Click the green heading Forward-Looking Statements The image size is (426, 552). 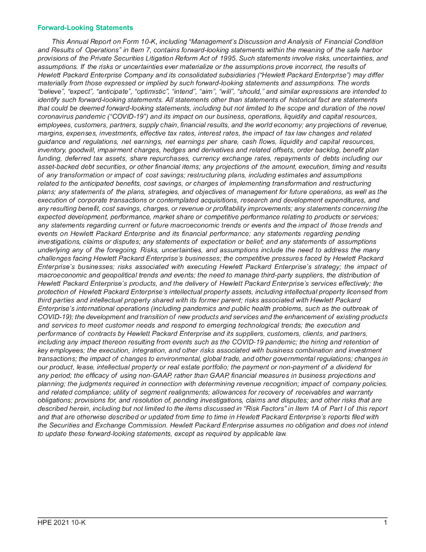85,27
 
